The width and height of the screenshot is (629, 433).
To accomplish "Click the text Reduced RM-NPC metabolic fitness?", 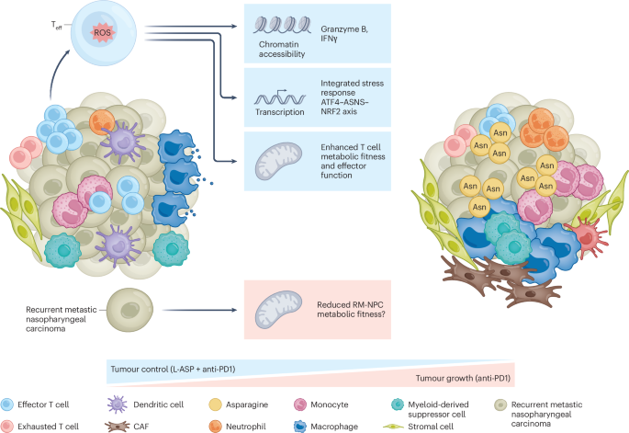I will pyautogui.click(x=363, y=303).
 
